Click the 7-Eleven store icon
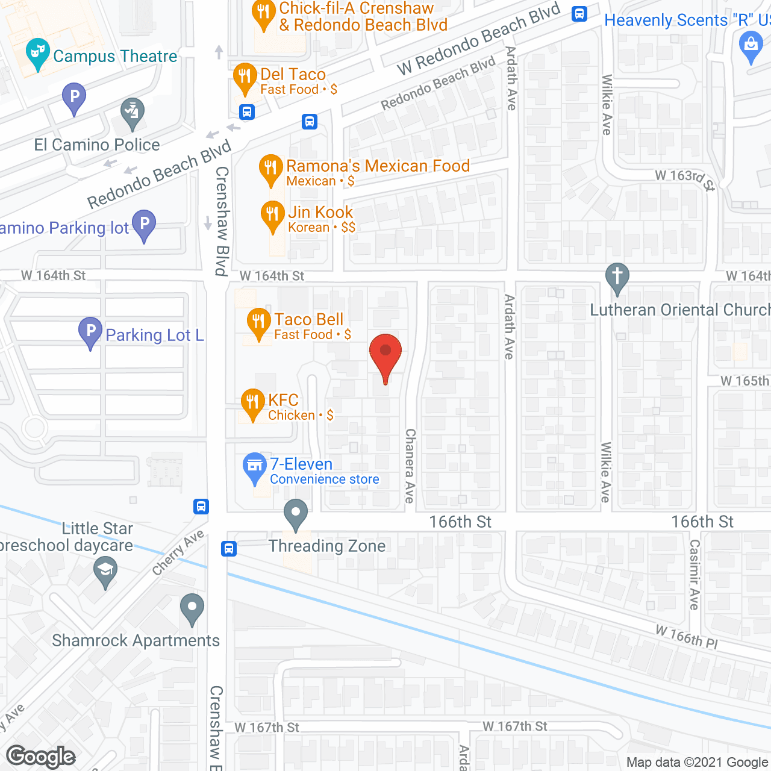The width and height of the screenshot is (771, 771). pyautogui.click(x=255, y=467)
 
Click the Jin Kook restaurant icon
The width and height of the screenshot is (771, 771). pyautogui.click(x=272, y=215)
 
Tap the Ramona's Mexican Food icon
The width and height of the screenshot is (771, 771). pyautogui.click(x=270, y=169)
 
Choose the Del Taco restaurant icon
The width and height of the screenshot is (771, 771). pyautogui.click(x=245, y=77)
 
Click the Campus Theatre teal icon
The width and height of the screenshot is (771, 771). pyautogui.click(x=37, y=54)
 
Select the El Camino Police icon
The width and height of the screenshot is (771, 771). pyautogui.click(x=132, y=112)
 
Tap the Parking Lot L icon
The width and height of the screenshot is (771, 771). pyautogui.click(x=90, y=331)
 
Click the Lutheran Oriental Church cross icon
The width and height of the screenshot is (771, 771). pyautogui.click(x=617, y=278)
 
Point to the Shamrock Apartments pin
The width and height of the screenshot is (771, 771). pyautogui.click(x=192, y=608)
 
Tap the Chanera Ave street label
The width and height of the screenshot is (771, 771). pyautogui.click(x=410, y=466)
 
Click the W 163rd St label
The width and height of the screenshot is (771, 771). pyautogui.click(x=685, y=179)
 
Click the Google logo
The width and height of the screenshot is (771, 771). pyautogui.click(x=41, y=757)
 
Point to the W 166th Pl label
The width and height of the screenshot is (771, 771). pyautogui.click(x=686, y=636)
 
